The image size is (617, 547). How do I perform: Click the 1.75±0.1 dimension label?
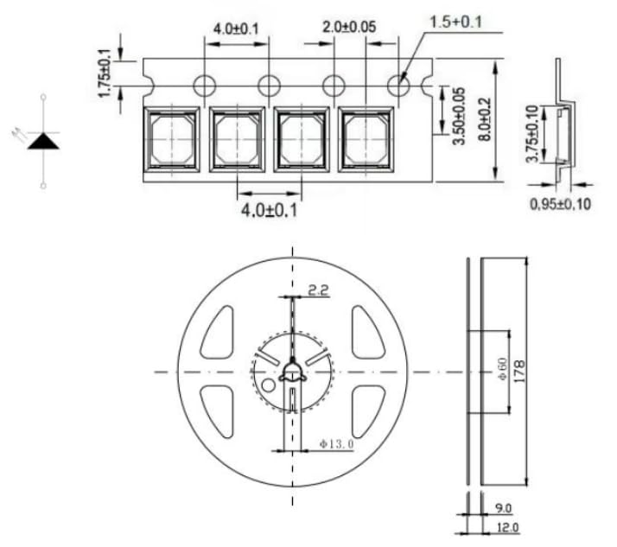(105, 73)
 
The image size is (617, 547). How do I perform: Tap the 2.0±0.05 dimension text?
(349, 27)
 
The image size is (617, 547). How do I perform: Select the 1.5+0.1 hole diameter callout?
(455, 22)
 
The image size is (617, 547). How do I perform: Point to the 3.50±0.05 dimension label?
(459, 116)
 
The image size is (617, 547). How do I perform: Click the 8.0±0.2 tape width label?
(485, 119)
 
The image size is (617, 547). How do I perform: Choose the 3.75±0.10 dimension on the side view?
(532, 134)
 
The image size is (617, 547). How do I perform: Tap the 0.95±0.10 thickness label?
(560, 204)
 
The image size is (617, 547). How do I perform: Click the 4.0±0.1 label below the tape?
(269, 210)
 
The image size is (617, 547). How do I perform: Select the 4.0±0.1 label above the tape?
(236, 29)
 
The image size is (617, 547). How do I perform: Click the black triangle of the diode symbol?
(43, 141)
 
